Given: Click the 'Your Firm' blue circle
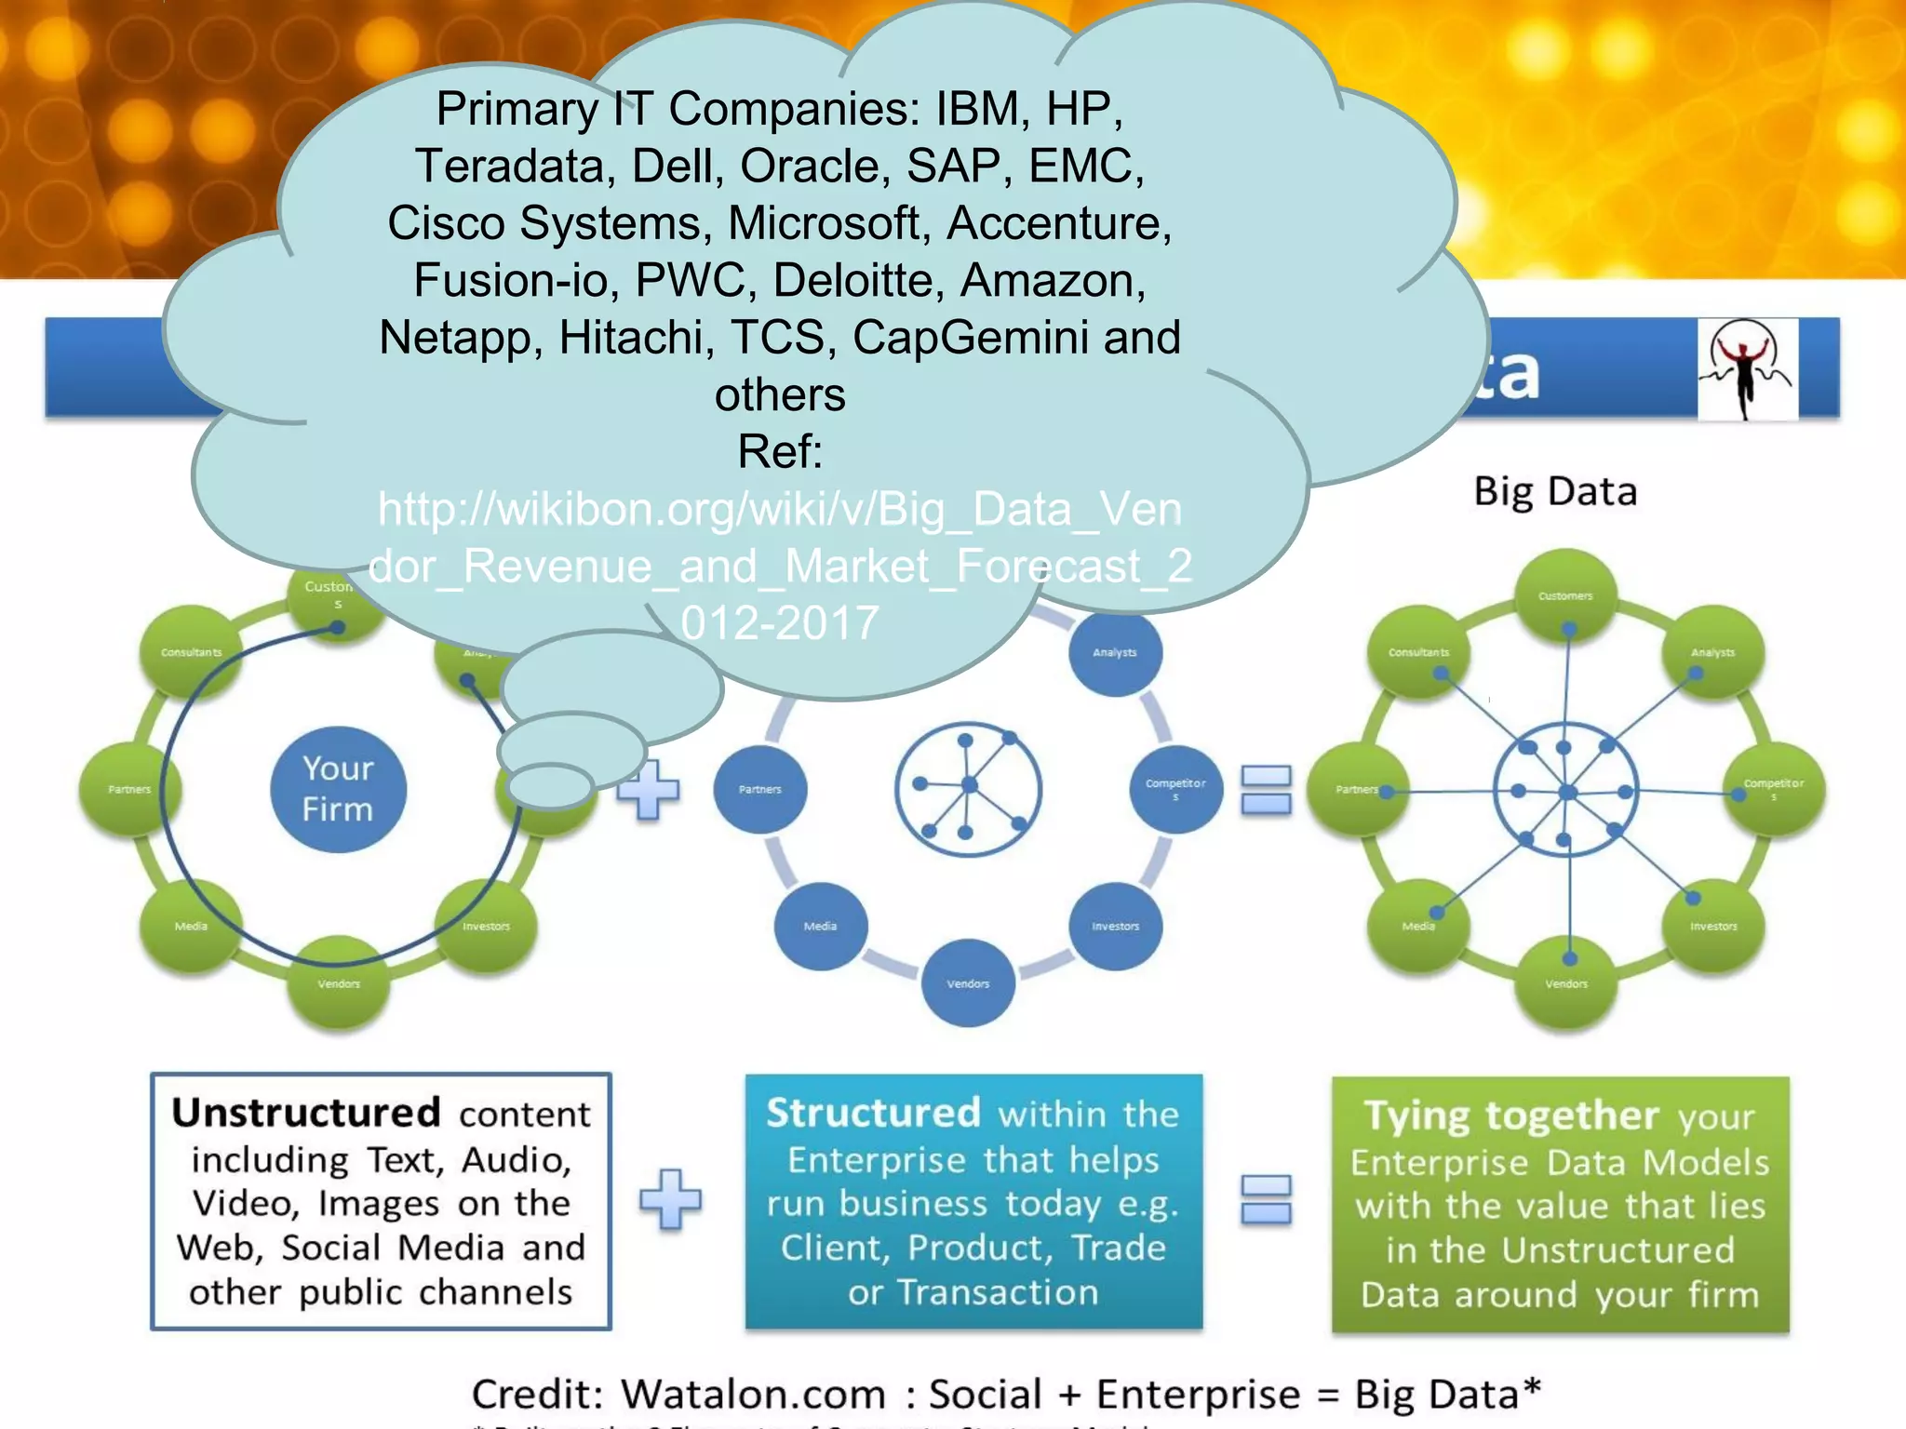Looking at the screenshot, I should pos(338,789).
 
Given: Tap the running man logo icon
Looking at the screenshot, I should pos(1747,369).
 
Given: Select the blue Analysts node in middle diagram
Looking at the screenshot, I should pos(1115,652).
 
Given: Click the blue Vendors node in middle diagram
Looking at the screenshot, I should pos(968,982).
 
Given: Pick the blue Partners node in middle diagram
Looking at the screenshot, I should pos(760,789).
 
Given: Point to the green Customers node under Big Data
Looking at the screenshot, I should pos(1565,595).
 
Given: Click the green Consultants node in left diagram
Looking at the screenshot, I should pos(191,652).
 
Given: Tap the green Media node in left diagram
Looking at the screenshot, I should pos(191,926).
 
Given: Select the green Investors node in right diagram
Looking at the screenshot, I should pos(1712,926).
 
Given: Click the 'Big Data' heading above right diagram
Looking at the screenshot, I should pos(1555,491).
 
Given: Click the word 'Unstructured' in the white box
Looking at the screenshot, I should pos(306,1113).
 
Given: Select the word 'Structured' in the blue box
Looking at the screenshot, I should pos(873,1113).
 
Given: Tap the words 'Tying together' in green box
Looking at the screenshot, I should pos(1511,1115).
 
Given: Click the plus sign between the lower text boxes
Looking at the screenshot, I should pos(670,1199).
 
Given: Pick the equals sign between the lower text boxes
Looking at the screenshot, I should pos(1267,1199).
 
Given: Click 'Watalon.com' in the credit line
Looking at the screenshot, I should pos(753,1394).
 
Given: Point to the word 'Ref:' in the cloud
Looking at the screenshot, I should pos(780,452).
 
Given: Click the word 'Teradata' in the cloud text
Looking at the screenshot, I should pos(509,167).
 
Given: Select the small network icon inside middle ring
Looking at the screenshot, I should pos(968,789).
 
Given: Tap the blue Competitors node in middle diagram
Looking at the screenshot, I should pos(1175,789).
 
